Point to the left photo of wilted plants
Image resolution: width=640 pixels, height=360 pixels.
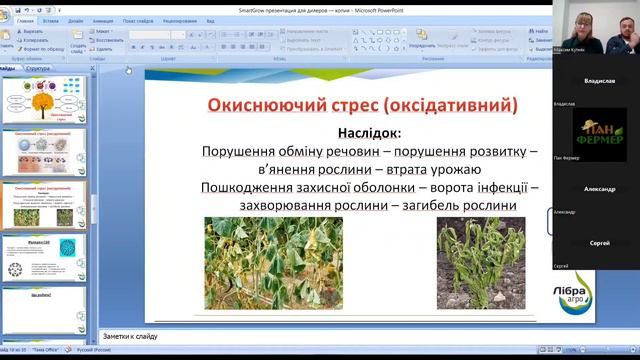pyautogui.click(x=273, y=263)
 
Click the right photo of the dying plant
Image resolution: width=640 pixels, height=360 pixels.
pyautogui.click(x=480, y=261)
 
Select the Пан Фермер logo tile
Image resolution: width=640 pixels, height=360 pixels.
pyautogui.click(x=599, y=134)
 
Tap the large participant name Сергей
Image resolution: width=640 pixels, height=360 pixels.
pyautogui.click(x=600, y=243)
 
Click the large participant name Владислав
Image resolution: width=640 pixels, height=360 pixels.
pyautogui.click(x=599, y=81)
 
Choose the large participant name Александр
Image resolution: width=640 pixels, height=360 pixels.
pyautogui.click(x=599, y=188)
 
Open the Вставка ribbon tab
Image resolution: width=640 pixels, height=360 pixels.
pyautogui.click(x=51, y=20)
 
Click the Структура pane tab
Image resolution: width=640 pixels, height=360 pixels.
pyautogui.click(x=37, y=68)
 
